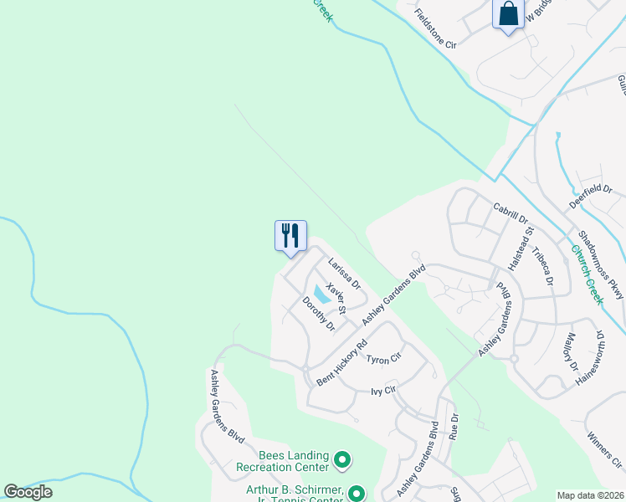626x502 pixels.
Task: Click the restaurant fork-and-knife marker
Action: [x=290, y=235]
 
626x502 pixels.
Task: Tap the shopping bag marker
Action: [x=508, y=14]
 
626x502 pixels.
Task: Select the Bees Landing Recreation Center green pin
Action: [x=341, y=459]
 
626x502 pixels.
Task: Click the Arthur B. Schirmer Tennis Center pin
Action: [x=357, y=494]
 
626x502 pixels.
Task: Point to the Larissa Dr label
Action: [x=344, y=274]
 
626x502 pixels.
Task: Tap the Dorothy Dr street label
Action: [x=318, y=313]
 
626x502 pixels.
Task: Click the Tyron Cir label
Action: [x=384, y=357]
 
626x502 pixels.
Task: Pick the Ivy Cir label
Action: [x=382, y=391]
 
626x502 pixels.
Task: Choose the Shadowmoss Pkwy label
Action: [x=601, y=265]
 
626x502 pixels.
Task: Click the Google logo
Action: [x=28, y=491]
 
